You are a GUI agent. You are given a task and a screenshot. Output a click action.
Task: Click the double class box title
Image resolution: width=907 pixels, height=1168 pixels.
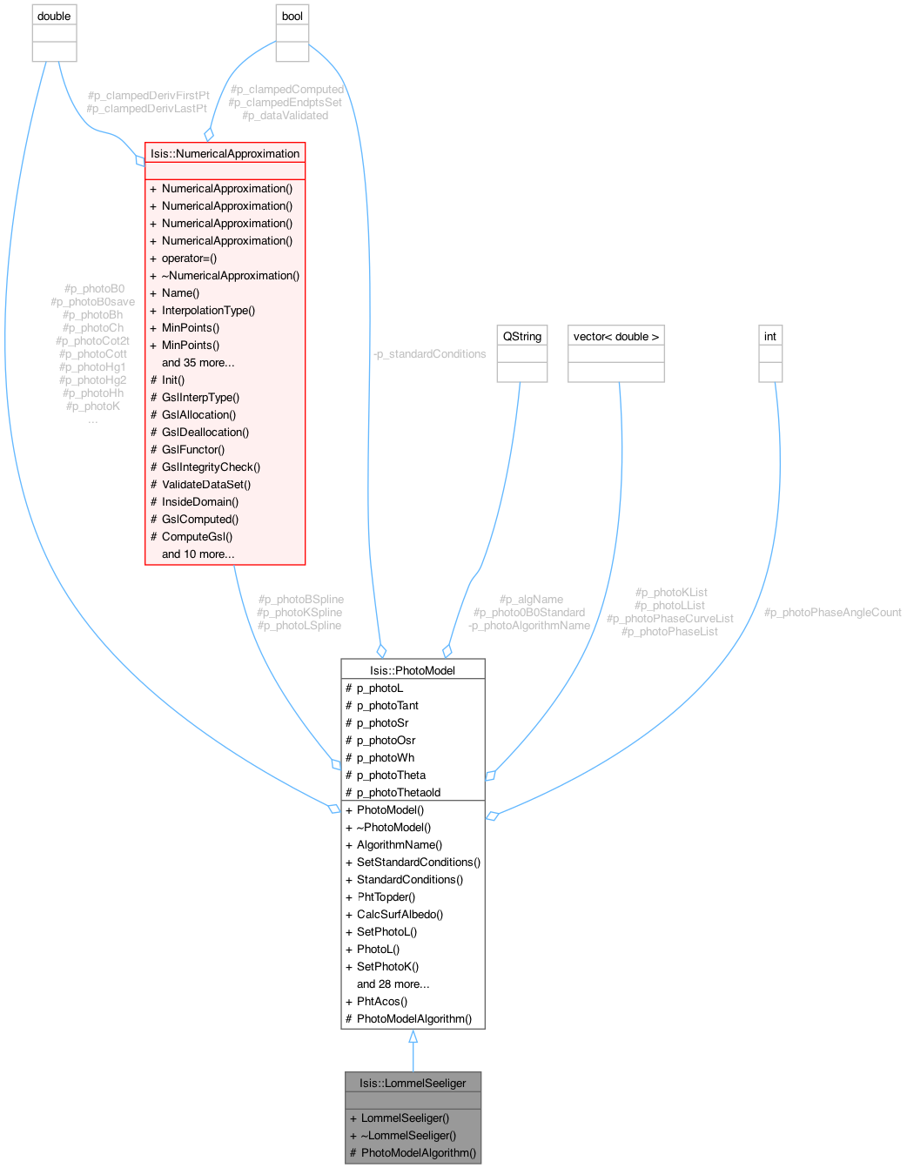[x=54, y=17]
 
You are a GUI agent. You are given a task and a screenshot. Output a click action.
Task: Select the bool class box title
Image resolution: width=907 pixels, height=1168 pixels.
[x=292, y=17]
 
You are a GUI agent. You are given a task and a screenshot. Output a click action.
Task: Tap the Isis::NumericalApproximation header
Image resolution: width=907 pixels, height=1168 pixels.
[x=225, y=153]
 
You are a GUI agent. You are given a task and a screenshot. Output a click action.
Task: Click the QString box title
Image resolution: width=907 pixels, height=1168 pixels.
[x=521, y=336]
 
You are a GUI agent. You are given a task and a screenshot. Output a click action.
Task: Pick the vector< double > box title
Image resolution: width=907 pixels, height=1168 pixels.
[x=616, y=336]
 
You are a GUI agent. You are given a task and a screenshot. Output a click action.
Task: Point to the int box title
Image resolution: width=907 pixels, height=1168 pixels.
[x=770, y=336]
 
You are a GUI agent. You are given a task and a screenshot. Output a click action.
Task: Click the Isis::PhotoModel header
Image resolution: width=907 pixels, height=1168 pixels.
[x=413, y=669]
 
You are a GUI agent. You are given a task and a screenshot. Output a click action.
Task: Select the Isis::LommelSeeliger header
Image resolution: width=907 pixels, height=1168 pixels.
[x=413, y=1083]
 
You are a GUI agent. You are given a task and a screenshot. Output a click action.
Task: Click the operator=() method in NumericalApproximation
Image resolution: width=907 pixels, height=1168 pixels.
[x=189, y=258]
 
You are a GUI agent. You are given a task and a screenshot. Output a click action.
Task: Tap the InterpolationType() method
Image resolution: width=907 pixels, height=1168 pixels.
[x=208, y=310]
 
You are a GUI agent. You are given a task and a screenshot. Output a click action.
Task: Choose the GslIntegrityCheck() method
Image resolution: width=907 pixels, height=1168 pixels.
[x=211, y=467]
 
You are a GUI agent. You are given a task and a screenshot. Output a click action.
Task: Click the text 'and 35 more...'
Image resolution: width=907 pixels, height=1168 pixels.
[x=198, y=362]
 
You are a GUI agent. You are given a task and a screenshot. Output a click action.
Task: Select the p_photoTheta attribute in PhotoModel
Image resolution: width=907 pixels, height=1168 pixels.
[x=391, y=775]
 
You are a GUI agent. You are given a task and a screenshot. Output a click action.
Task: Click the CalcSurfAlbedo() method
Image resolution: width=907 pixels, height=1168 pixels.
[x=400, y=914]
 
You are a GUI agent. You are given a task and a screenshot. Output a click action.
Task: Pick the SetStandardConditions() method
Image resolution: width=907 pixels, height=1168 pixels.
[x=418, y=862]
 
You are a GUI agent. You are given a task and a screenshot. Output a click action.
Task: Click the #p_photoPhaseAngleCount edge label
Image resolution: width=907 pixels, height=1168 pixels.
[x=832, y=612]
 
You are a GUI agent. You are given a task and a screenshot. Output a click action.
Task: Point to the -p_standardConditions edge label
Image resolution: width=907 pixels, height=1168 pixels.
[x=429, y=353]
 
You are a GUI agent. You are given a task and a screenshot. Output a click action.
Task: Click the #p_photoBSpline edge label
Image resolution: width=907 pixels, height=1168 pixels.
[x=301, y=599]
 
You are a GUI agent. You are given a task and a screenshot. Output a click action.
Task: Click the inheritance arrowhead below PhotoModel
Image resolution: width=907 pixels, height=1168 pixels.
[x=413, y=1037]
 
